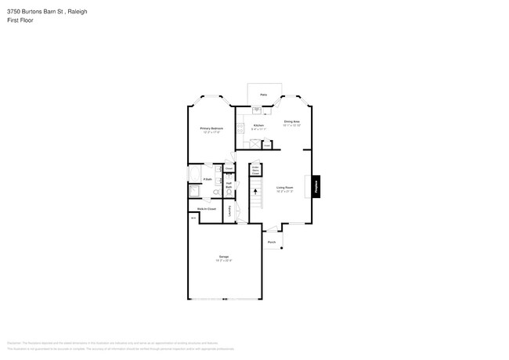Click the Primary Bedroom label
[211, 128]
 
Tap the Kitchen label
[258, 125]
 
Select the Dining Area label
[292, 122]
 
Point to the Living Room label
[284, 188]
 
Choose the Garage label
[224, 258]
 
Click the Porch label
[271, 243]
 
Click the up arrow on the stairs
[256, 190]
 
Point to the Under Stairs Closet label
[254, 168]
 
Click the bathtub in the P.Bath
[193, 174]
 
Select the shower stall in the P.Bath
[193, 191]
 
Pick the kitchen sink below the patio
[255, 110]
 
